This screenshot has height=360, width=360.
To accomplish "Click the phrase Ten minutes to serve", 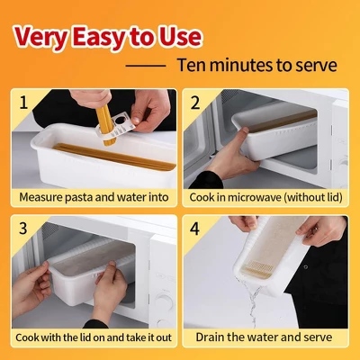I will click(256, 66).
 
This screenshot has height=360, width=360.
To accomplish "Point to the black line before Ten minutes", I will click(145, 67).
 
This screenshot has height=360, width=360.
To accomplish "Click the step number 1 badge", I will click(23, 102).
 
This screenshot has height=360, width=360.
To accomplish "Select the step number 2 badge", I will click(195, 102).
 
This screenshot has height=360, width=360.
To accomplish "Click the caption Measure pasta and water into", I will click(93, 196).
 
